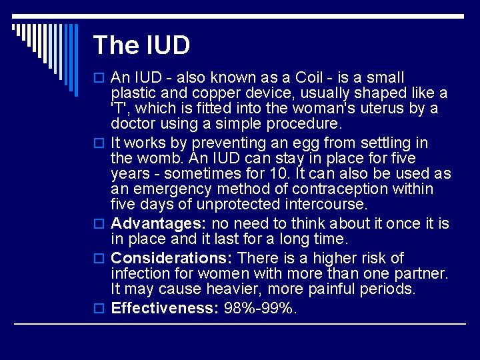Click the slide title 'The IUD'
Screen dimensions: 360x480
(x=141, y=45)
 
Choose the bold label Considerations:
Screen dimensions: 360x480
(x=172, y=258)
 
